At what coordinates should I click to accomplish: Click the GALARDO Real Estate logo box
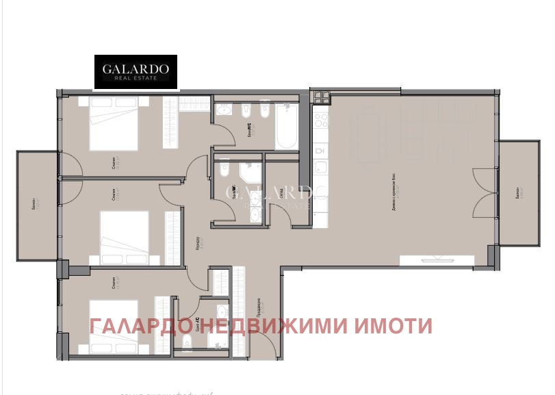(135, 72)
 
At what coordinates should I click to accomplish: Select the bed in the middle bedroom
(125, 237)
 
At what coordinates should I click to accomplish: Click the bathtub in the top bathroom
(286, 127)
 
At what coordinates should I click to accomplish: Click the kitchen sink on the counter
(320, 150)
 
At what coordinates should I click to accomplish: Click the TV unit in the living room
(435, 258)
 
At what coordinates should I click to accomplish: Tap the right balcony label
(519, 192)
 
